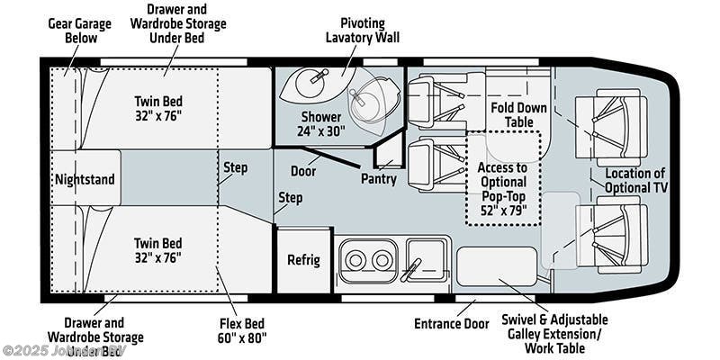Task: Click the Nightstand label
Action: point(85,179)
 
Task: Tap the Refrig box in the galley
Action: point(303,260)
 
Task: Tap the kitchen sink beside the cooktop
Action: point(425,257)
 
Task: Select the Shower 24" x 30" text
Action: point(320,123)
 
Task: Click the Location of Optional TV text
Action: point(634,181)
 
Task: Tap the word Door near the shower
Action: point(302,170)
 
